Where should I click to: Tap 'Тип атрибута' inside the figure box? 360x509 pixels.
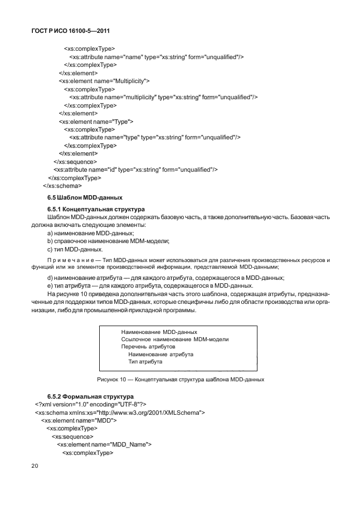click(x=145, y=361)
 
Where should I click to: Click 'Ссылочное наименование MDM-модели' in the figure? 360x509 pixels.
click(x=175, y=339)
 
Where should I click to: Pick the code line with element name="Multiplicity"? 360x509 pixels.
click(x=104, y=81)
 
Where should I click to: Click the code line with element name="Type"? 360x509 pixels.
click(x=96, y=121)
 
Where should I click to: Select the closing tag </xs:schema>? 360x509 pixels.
click(x=62, y=186)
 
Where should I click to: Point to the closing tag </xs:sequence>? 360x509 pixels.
click(x=71, y=162)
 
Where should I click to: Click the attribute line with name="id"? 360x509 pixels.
click(x=135, y=169)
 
